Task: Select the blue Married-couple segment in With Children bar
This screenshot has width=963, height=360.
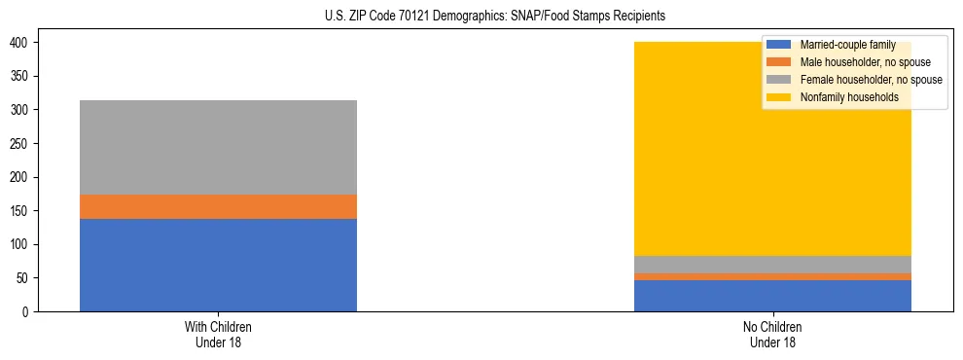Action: (x=218, y=265)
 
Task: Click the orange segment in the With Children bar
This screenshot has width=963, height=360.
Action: (x=218, y=206)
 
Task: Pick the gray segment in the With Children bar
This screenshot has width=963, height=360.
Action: (x=218, y=147)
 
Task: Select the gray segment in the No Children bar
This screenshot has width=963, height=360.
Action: (x=772, y=264)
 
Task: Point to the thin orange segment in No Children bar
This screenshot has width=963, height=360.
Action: (x=772, y=276)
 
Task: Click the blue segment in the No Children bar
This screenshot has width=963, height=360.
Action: (x=772, y=295)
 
